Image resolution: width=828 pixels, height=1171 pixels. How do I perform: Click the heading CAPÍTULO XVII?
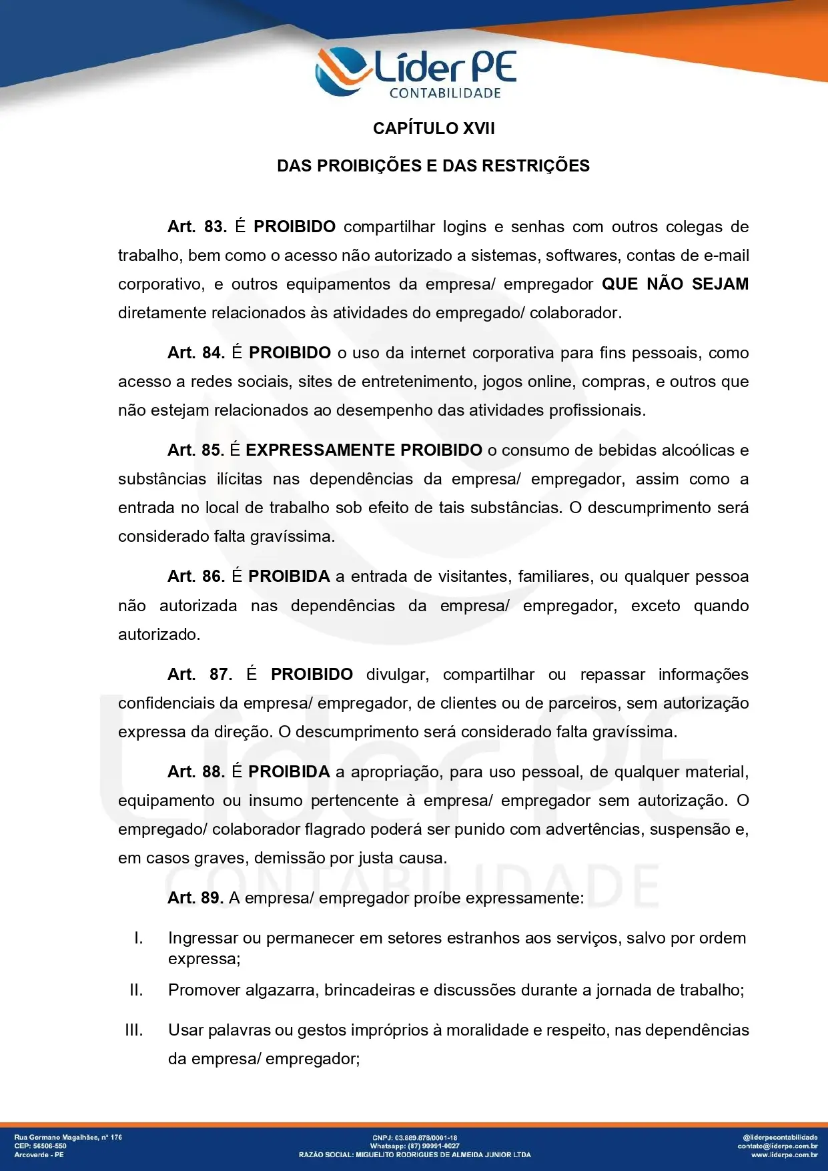coord(434,128)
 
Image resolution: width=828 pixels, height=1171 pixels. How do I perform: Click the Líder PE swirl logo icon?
coord(342,71)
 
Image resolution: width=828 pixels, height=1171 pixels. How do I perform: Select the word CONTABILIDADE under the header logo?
coord(445,93)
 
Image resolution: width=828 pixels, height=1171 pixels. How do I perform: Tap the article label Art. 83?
coord(197,227)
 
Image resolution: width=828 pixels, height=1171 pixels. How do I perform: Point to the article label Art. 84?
coord(196,353)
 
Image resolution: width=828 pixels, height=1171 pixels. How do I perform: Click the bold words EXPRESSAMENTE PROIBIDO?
coord(364,450)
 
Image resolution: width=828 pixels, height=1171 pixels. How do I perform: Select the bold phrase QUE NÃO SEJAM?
coord(675,284)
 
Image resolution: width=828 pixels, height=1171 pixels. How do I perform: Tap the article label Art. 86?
coord(196,576)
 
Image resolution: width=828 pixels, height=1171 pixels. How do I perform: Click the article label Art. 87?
coord(199,675)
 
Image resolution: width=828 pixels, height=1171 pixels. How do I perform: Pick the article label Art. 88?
coord(196,772)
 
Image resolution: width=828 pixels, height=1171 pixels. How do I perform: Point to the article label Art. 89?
coord(195,898)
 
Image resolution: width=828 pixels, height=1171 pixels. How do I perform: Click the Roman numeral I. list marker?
coord(138,938)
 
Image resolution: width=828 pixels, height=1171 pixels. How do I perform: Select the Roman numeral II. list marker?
coord(136,990)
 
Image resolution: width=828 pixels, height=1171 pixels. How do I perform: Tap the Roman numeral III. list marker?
coord(134,1030)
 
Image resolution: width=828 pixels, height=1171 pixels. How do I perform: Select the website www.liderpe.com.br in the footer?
coord(784,1154)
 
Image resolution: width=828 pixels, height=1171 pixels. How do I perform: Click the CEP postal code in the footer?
coord(49,1146)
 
